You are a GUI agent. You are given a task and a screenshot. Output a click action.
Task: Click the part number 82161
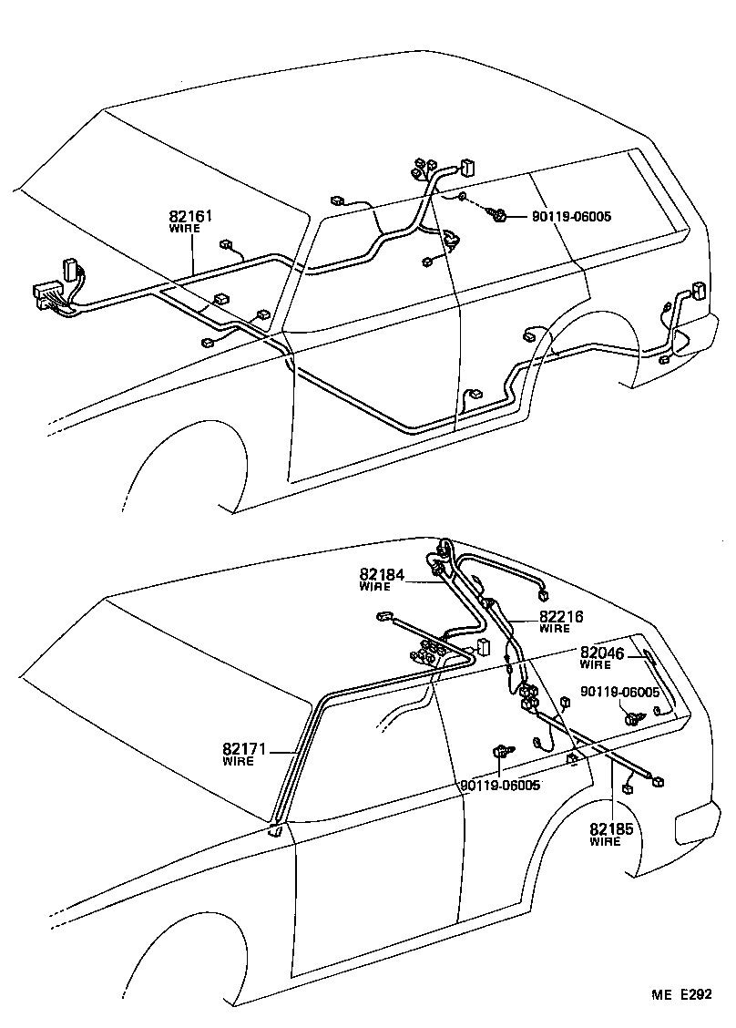[190, 217]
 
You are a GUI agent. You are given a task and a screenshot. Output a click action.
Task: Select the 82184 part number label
[382, 574]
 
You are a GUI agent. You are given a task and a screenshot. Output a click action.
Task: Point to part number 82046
[603, 653]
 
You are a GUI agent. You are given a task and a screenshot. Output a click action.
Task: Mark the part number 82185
[612, 829]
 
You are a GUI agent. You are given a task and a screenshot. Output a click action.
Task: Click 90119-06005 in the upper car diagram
[572, 217]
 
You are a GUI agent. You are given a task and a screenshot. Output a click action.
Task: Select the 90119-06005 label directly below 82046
[621, 693]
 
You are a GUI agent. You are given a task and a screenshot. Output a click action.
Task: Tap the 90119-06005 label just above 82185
[500, 785]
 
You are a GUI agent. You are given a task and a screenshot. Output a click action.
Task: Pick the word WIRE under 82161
[185, 229]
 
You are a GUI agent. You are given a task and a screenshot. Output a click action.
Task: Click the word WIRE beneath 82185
[605, 841]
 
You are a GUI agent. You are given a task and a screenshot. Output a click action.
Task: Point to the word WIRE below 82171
[239, 761]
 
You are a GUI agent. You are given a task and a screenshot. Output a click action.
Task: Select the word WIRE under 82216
[555, 629]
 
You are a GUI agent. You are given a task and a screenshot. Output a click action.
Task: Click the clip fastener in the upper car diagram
[498, 216]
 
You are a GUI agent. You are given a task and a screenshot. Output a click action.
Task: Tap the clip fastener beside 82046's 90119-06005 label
[632, 720]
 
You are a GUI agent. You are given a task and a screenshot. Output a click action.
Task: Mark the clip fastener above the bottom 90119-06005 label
[500, 752]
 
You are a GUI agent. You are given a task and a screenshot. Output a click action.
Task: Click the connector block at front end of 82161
[47, 293]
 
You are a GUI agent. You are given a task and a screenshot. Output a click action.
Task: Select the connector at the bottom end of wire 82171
[276, 829]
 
